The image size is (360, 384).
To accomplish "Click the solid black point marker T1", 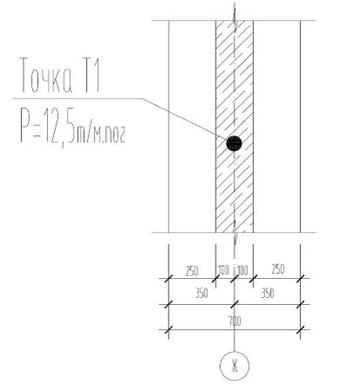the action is click(234, 143).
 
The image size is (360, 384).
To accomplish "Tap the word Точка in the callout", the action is click(46, 75).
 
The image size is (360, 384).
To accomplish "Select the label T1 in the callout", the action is click(91, 75).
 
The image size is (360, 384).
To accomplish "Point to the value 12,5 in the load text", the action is click(59, 127).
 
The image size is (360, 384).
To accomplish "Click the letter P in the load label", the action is click(25, 124).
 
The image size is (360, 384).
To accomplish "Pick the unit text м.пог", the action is click(110, 135).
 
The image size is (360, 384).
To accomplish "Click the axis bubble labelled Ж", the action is click(235, 366).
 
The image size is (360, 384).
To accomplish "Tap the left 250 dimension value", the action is click(191, 271).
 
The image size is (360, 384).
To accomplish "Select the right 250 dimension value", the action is click(277, 269).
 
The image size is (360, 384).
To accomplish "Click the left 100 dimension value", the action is click(223, 270).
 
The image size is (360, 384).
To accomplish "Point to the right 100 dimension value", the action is click(243, 270).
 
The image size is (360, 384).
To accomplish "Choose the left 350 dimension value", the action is click(201, 294).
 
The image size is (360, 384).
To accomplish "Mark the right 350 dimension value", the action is click(267, 293).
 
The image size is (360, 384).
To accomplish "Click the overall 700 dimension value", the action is click(235, 321).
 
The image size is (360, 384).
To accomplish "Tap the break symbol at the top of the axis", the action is click(235, 17).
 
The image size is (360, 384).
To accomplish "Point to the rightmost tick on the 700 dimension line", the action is click(301, 329).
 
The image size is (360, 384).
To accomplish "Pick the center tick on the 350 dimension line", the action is click(235, 304).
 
